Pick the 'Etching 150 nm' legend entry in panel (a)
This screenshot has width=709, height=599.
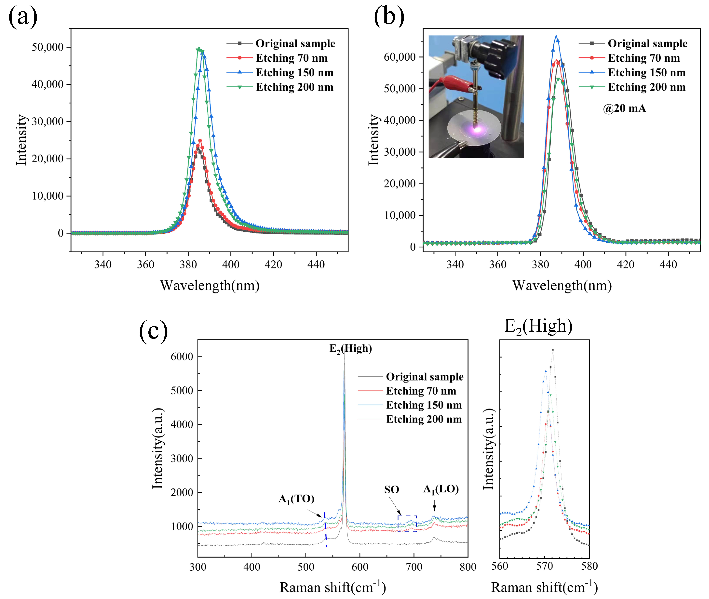coord(294,73)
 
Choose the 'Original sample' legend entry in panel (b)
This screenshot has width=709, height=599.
coord(647,43)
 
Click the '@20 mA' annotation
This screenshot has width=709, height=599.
coord(624,108)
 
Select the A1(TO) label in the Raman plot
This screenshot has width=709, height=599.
coord(296,499)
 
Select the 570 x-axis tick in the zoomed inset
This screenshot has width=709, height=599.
coord(545,566)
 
